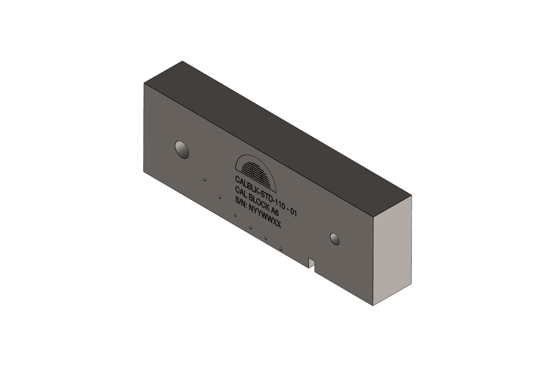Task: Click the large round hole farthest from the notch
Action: pyautogui.click(x=182, y=150)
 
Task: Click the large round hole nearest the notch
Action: pyautogui.click(x=335, y=239)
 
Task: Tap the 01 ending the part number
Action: pyautogui.click(x=293, y=212)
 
